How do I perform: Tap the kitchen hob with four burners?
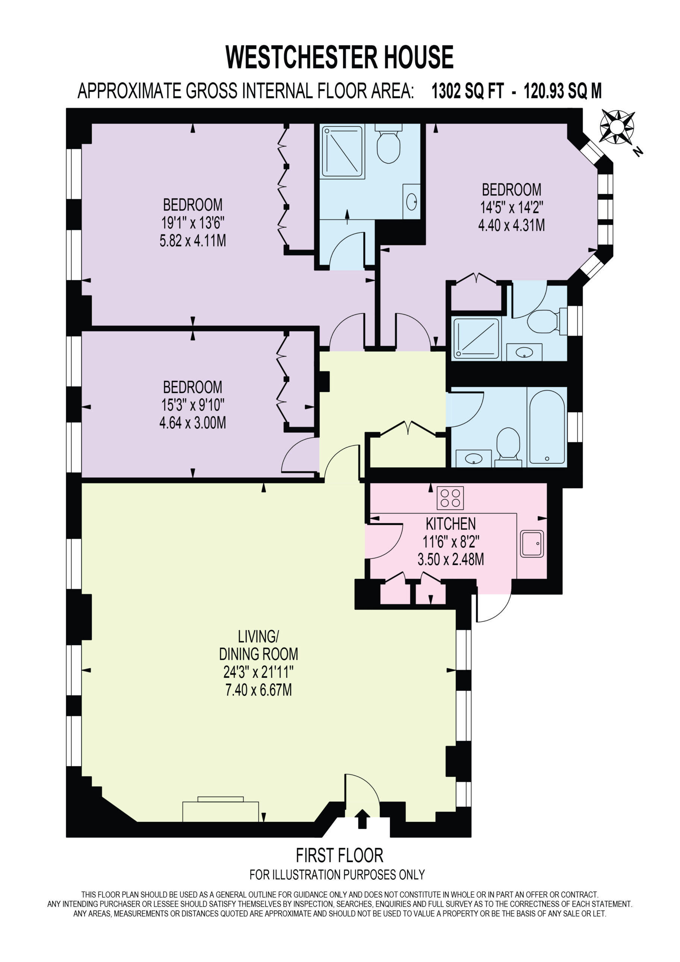pyautogui.click(x=450, y=498)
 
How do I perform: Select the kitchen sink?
pyautogui.click(x=532, y=544)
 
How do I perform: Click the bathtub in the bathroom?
pyautogui.click(x=547, y=427)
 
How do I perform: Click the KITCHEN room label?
pyautogui.click(x=450, y=524)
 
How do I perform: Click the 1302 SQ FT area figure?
pyautogui.click(x=468, y=91)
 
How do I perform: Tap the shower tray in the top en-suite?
pyautogui.click(x=342, y=152)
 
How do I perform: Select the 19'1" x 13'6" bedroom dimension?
pyautogui.click(x=193, y=222)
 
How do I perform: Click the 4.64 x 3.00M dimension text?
pyautogui.click(x=193, y=422)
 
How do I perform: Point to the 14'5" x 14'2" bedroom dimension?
pyautogui.click(x=512, y=207)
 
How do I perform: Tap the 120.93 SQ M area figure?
pyautogui.click(x=562, y=91)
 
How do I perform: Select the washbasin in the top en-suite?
pyautogui.click(x=411, y=201)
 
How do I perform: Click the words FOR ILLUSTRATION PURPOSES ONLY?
pyautogui.click(x=337, y=874)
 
